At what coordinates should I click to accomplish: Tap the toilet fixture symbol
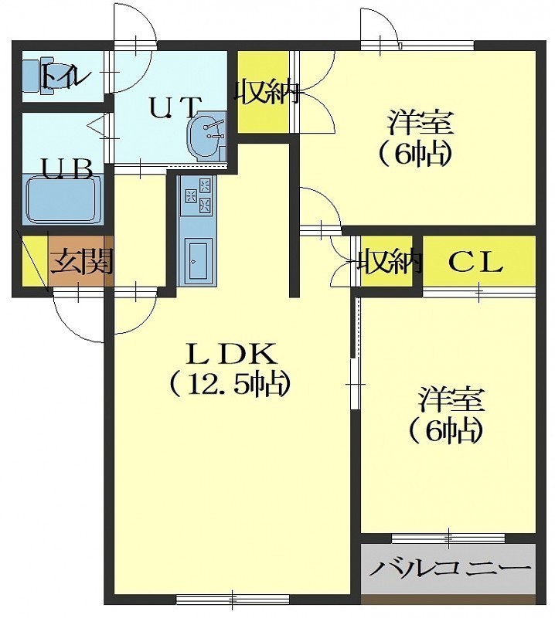[39, 76]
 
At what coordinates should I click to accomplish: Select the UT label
[174, 107]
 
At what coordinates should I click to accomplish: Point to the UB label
[67, 170]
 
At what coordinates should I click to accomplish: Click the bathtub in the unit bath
[63, 199]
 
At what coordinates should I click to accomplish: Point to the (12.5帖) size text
[229, 383]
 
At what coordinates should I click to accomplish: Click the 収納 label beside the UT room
[266, 92]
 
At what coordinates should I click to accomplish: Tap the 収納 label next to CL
[389, 261]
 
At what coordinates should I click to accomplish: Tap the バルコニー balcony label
[450, 569]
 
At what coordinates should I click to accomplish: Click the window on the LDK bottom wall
[233, 599]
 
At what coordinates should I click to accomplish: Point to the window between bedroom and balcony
[448, 538]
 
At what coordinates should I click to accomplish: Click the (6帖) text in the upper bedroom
[414, 154]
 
